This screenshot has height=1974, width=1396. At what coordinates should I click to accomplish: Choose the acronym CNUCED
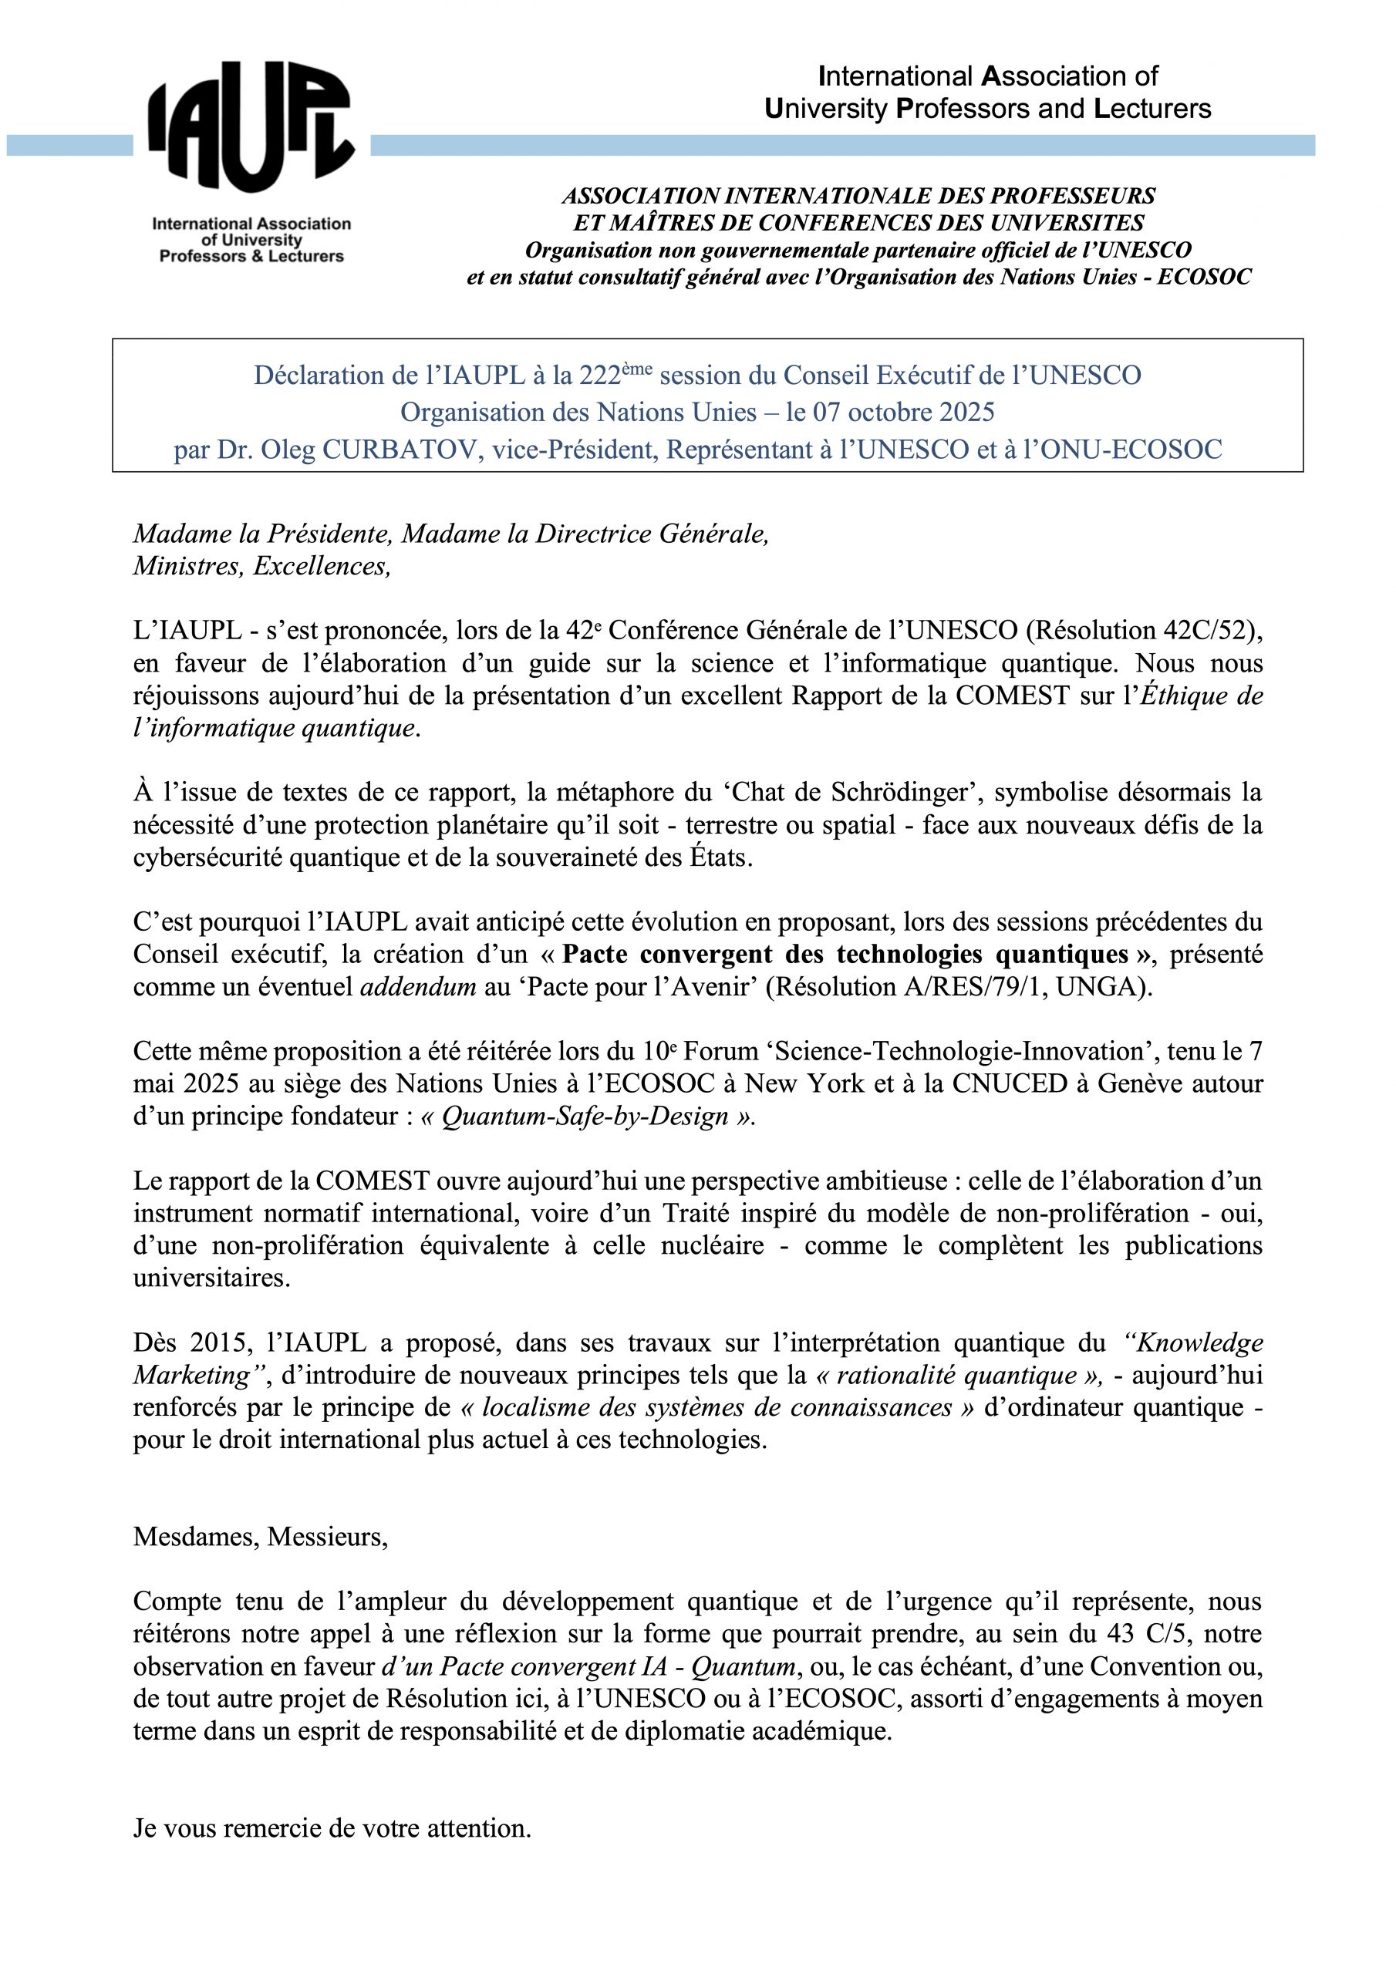tap(1007, 1084)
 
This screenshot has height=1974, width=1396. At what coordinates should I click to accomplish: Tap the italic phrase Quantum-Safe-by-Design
tap(585, 1117)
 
